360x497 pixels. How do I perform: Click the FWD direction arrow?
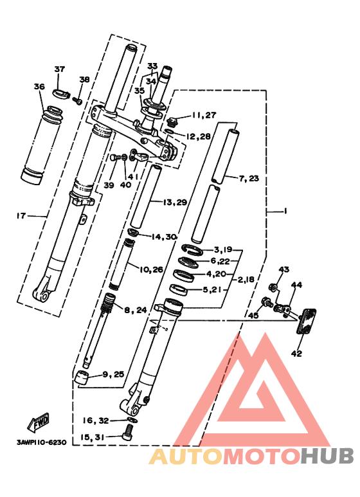click(x=39, y=422)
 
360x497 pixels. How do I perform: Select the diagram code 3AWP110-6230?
click(x=42, y=442)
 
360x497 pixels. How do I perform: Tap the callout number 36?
click(x=39, y=86)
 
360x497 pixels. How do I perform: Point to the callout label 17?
click(x=21, y=216)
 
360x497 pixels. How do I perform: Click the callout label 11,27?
click(x=204, y=114)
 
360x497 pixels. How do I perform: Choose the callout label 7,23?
click(x=249, y=179)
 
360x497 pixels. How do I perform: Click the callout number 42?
click(x=296, y=353)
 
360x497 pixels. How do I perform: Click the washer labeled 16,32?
click(x=132, y=420)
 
